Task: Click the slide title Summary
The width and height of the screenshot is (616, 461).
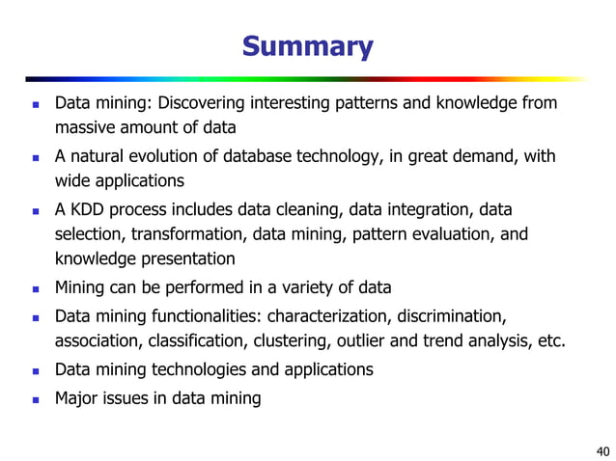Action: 307,46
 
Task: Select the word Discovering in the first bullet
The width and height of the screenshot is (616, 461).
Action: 202,103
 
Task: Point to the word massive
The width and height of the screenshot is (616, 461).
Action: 85,127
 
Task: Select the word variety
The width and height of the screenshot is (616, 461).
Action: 309,287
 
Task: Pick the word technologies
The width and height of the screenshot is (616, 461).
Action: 195,369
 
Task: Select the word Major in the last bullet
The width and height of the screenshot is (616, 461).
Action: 76,397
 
